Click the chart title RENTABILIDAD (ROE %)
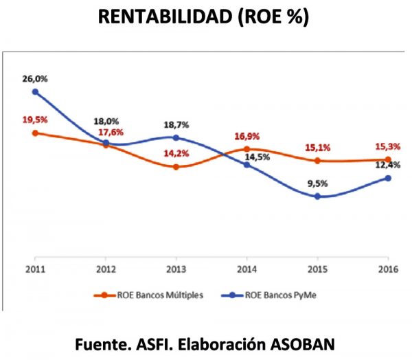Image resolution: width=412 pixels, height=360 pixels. [204, 17]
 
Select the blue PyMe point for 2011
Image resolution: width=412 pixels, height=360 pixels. [34, 91]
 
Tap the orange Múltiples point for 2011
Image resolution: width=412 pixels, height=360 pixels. [34, 133]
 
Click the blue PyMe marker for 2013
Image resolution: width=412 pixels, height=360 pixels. [176, 137]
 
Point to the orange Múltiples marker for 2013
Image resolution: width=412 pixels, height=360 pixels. [176, 166]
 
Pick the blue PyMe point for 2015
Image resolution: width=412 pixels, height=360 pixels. [317, 196]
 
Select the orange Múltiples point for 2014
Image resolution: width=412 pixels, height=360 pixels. [247, 149]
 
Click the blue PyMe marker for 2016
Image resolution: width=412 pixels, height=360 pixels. [388, 178]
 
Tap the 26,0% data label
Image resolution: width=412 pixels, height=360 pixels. [34, 78]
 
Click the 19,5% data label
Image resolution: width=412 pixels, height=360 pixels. [34, 120]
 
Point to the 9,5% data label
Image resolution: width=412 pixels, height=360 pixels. [317, 183]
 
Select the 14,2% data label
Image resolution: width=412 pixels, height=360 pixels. [176, 153]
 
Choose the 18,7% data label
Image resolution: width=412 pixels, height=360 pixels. [176, 125]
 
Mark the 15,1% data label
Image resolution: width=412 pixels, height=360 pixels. [317, 147]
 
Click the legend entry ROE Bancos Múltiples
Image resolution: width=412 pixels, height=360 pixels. [160, 295]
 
